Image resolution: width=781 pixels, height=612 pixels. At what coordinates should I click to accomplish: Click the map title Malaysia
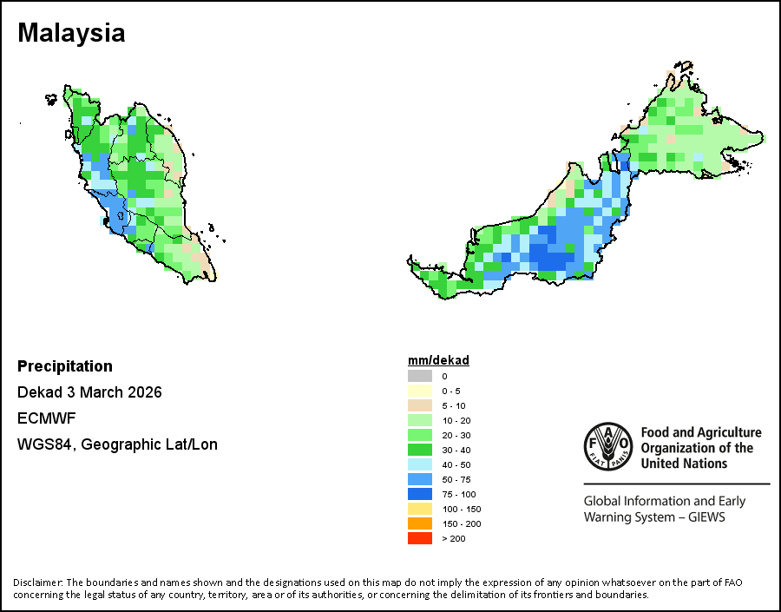click(x=71, y=33)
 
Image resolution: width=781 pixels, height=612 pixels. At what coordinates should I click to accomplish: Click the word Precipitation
click(x=65, y=366)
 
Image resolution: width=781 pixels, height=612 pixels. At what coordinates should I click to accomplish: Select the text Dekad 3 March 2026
click(x=89, y=392)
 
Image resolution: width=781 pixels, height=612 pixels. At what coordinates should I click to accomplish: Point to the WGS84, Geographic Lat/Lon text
click(x=117, y=444)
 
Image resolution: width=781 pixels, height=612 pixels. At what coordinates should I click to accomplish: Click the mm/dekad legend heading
click(x=438, y=360)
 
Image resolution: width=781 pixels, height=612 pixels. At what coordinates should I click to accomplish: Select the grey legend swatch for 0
click(x=420, y=376)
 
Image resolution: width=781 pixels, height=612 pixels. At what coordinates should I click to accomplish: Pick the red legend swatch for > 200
click(x=420, y=538)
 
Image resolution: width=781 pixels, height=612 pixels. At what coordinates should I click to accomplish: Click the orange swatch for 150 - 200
click(x=420, y=523)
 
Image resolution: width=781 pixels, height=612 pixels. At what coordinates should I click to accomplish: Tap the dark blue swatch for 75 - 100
click(x=420, y=494)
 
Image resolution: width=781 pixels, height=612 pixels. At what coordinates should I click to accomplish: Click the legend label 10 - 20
click(x=456, y=420)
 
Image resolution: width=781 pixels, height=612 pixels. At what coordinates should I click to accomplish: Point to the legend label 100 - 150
click(x=461, y=509)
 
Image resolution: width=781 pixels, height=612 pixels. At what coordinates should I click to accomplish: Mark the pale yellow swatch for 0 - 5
click(x=420, y=391)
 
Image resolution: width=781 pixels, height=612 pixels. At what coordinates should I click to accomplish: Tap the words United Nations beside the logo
click(x=684, y=464)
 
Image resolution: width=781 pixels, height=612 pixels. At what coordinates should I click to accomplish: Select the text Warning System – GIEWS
click(x=653, y=517)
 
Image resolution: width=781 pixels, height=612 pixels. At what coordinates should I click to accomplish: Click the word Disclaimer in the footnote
click(x=37, y=582)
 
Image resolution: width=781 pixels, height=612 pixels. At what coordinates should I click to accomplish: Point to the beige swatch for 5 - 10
click(x=420, y=405)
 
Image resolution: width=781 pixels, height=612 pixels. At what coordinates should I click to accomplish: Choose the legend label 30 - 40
click(x=456, y=450)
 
